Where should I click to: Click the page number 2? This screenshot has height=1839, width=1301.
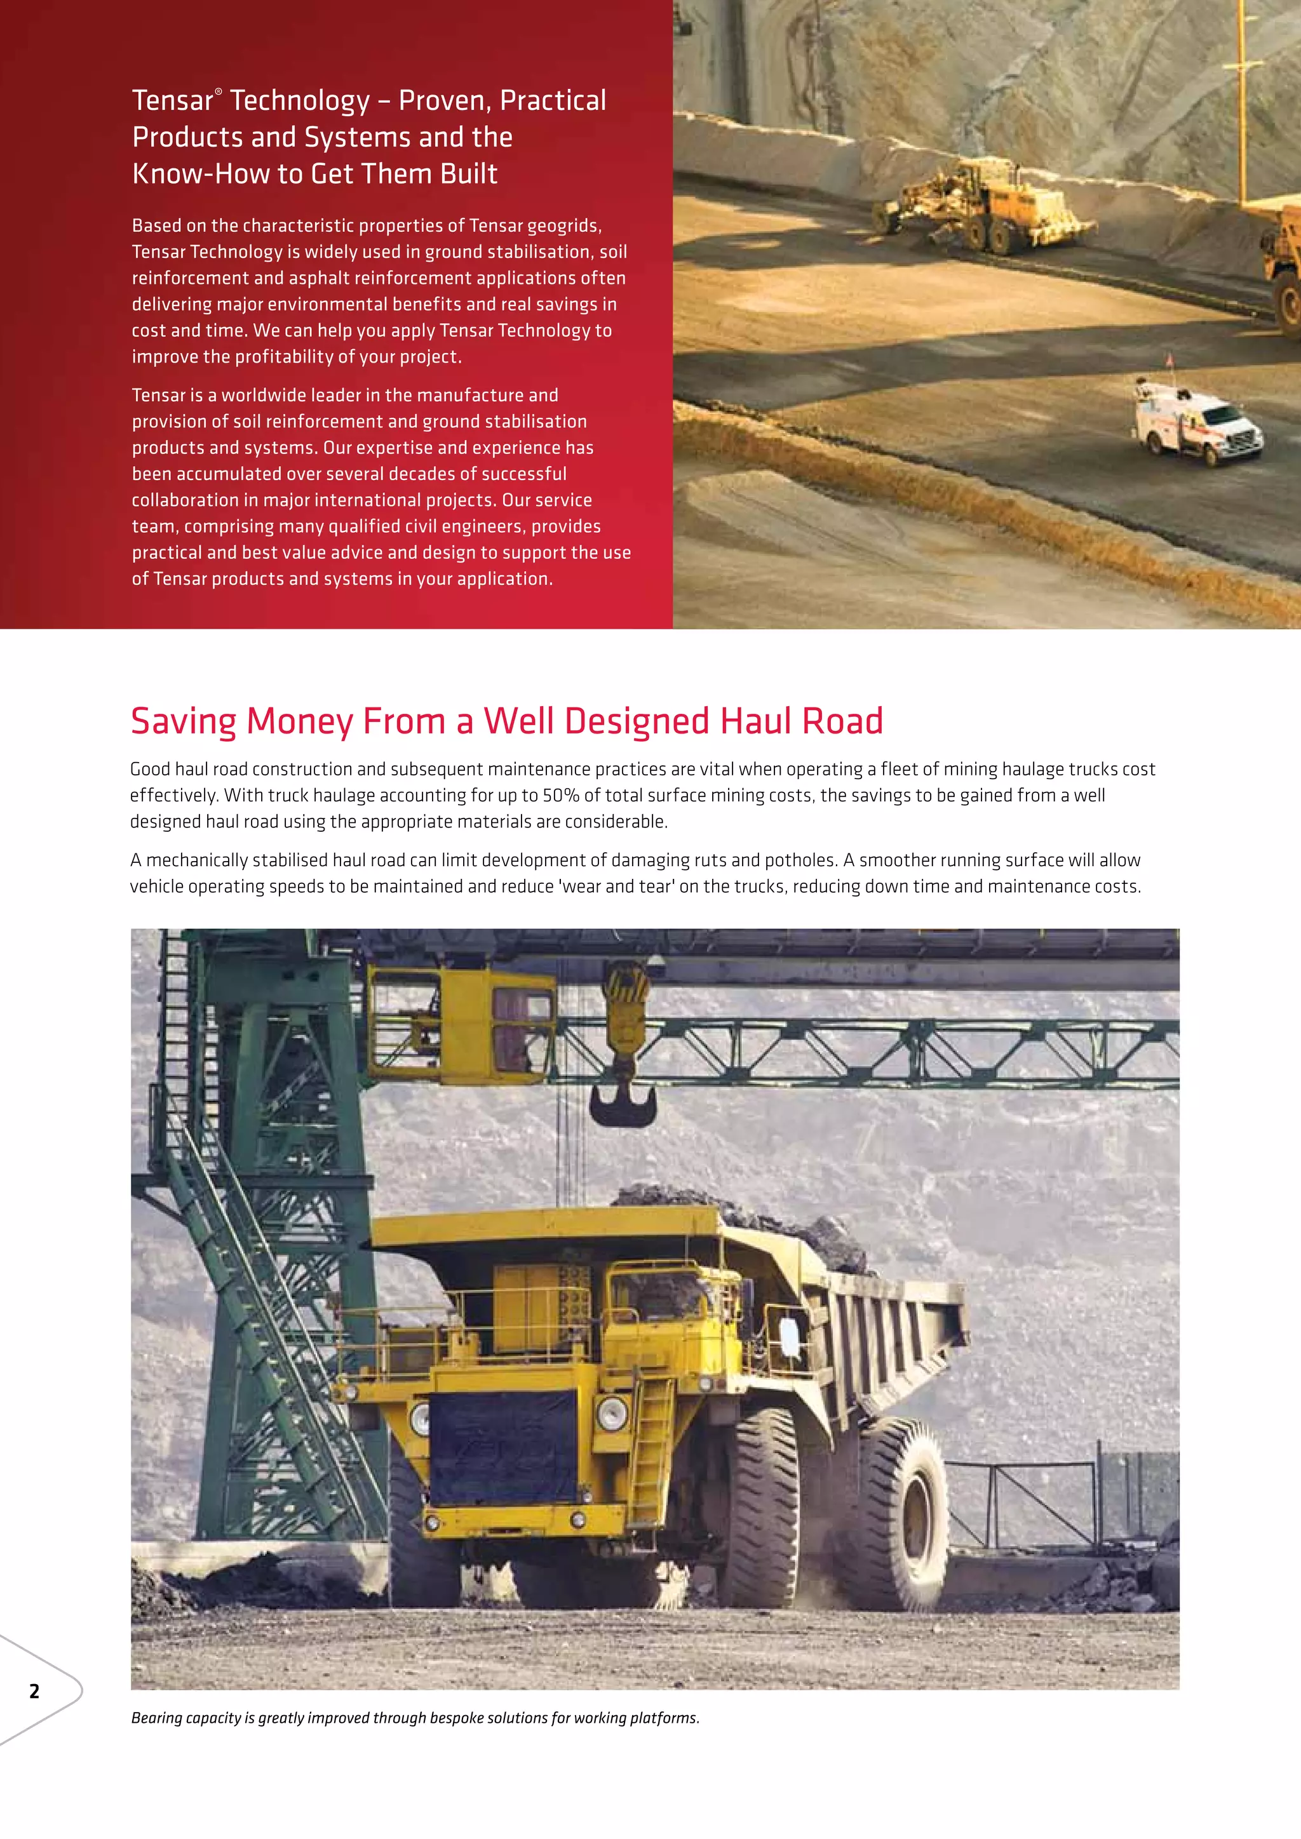(34, 1691)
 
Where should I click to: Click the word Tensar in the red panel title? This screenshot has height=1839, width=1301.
(172, 101)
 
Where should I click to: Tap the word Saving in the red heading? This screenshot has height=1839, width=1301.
(184, 721)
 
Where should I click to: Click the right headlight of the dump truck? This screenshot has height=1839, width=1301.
(612, 1412)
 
